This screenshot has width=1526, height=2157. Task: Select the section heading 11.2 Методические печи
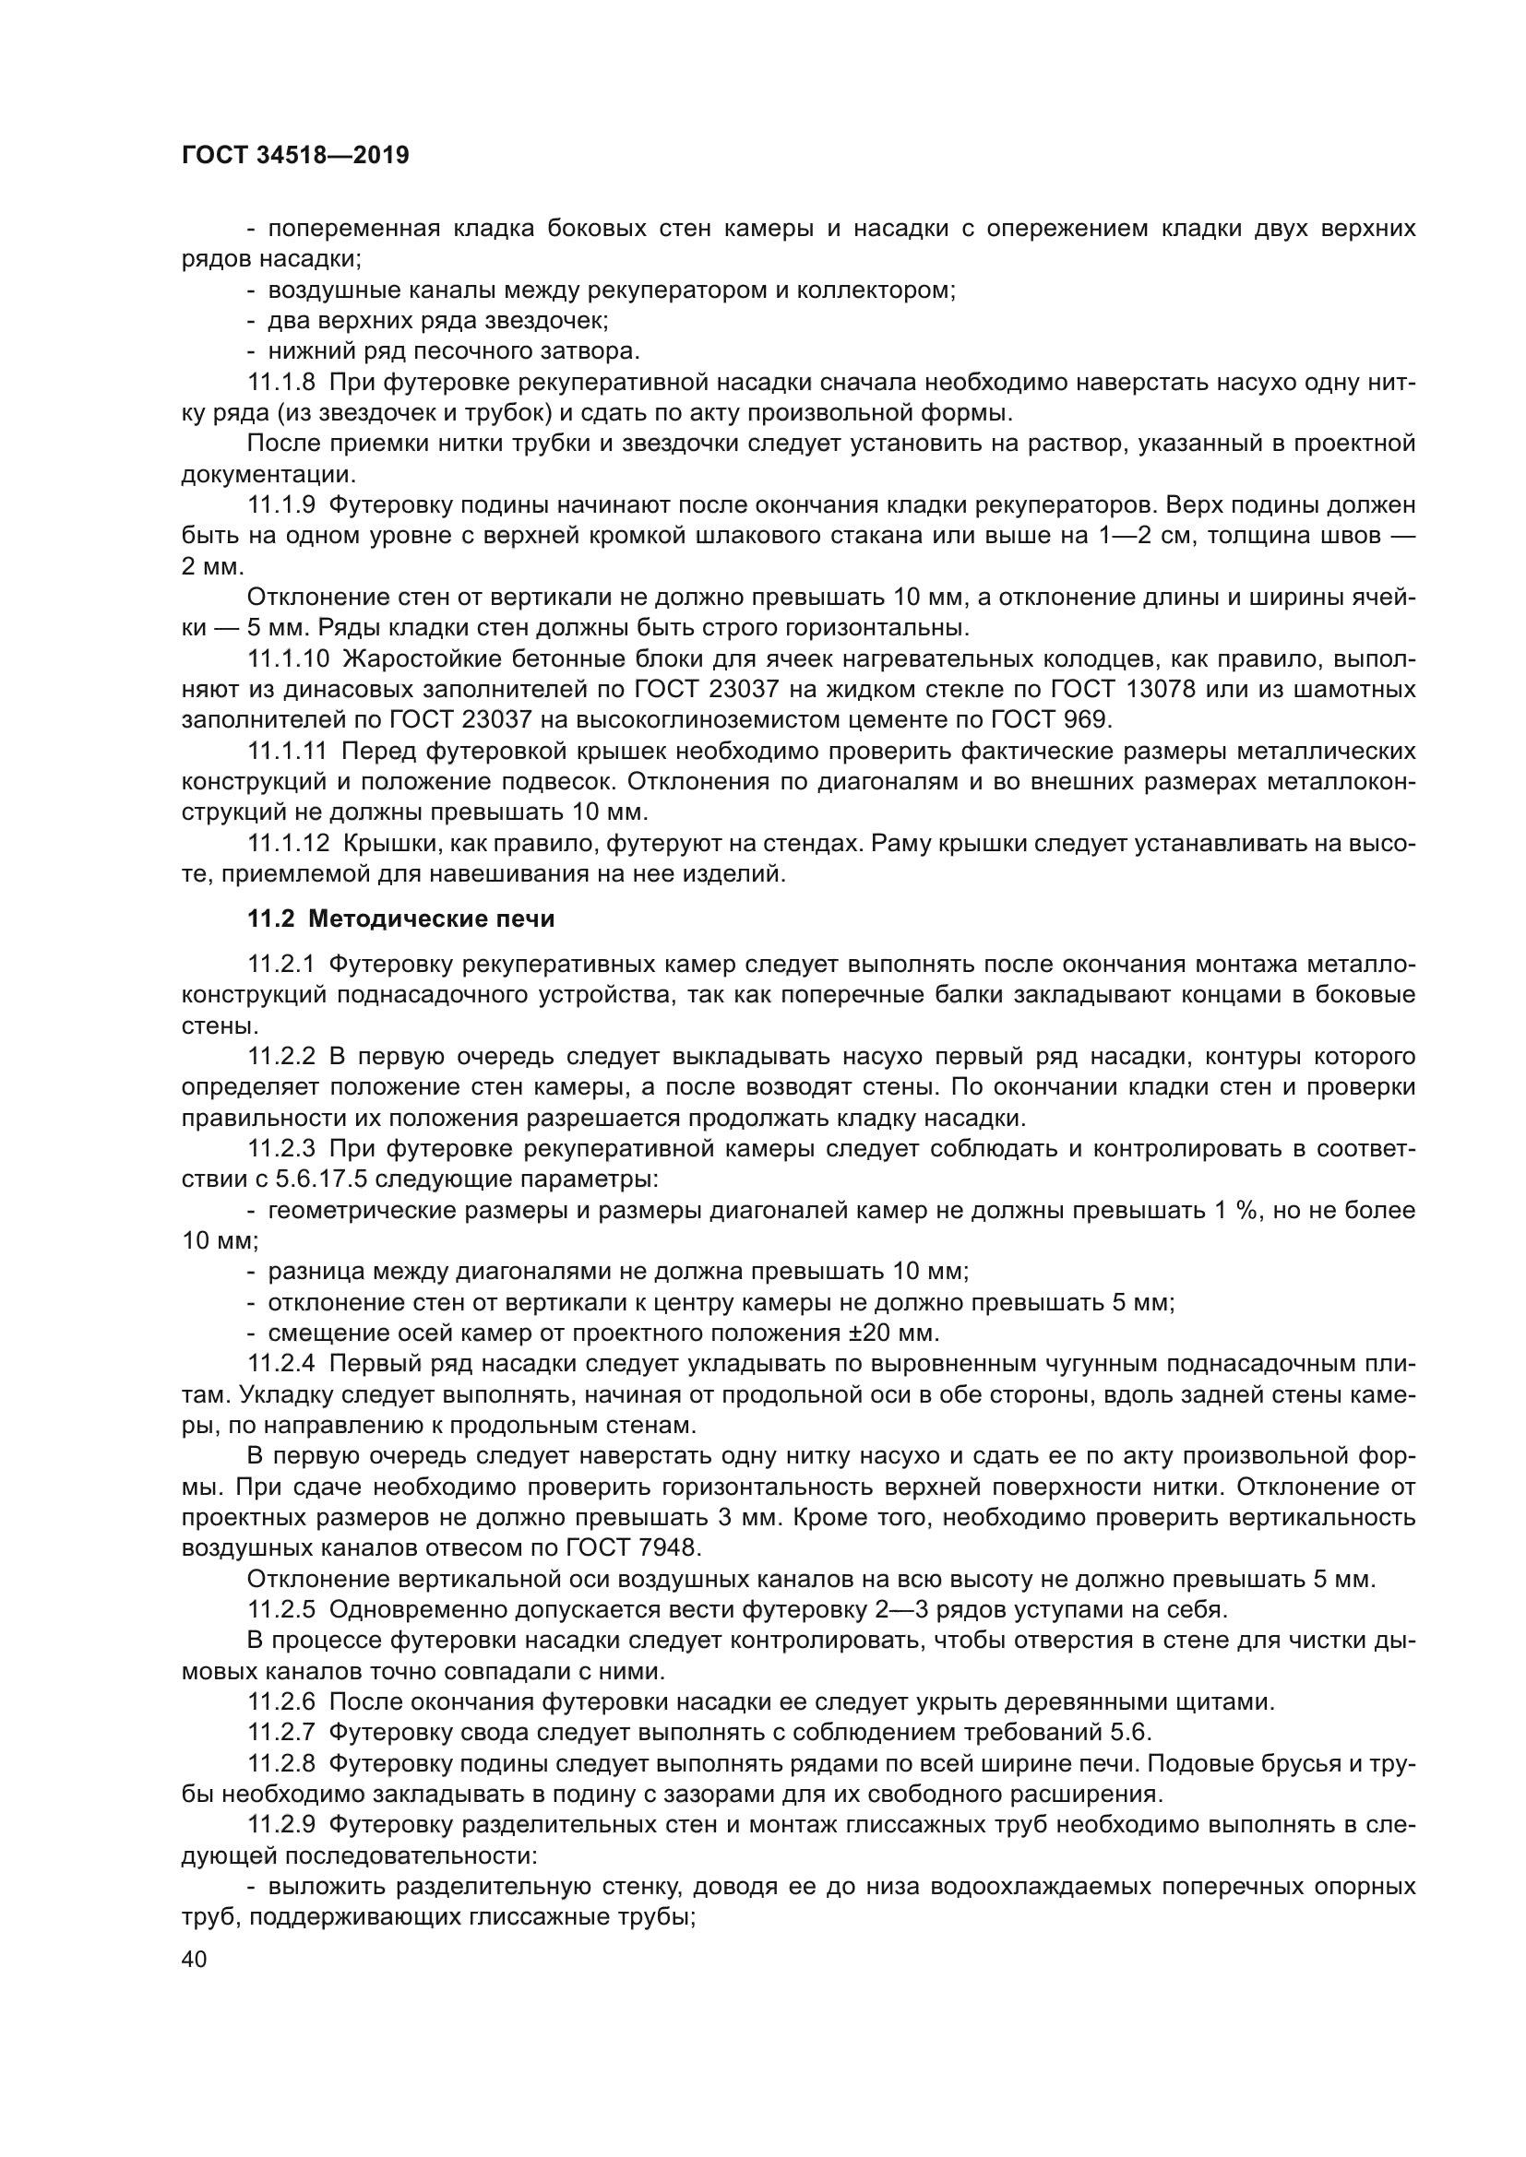pos(401,919)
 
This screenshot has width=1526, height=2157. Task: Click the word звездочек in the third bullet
pos(546,321)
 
